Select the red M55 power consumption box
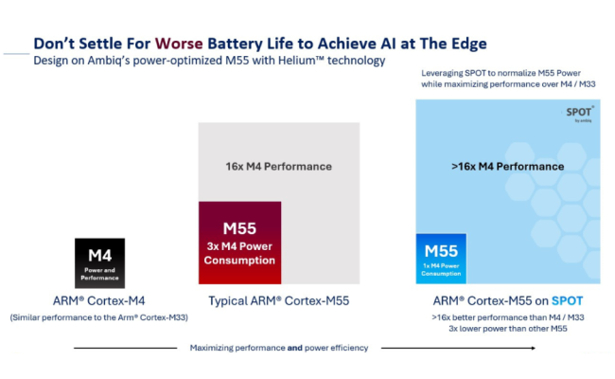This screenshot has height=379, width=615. (240, 242)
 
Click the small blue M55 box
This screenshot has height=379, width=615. (441, 258)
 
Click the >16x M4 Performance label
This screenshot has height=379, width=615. (507, 166)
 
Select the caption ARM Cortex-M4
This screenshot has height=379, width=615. (100, 300)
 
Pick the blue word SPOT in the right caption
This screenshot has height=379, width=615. (564, 300)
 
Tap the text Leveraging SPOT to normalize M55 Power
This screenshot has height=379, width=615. (508, 74)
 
